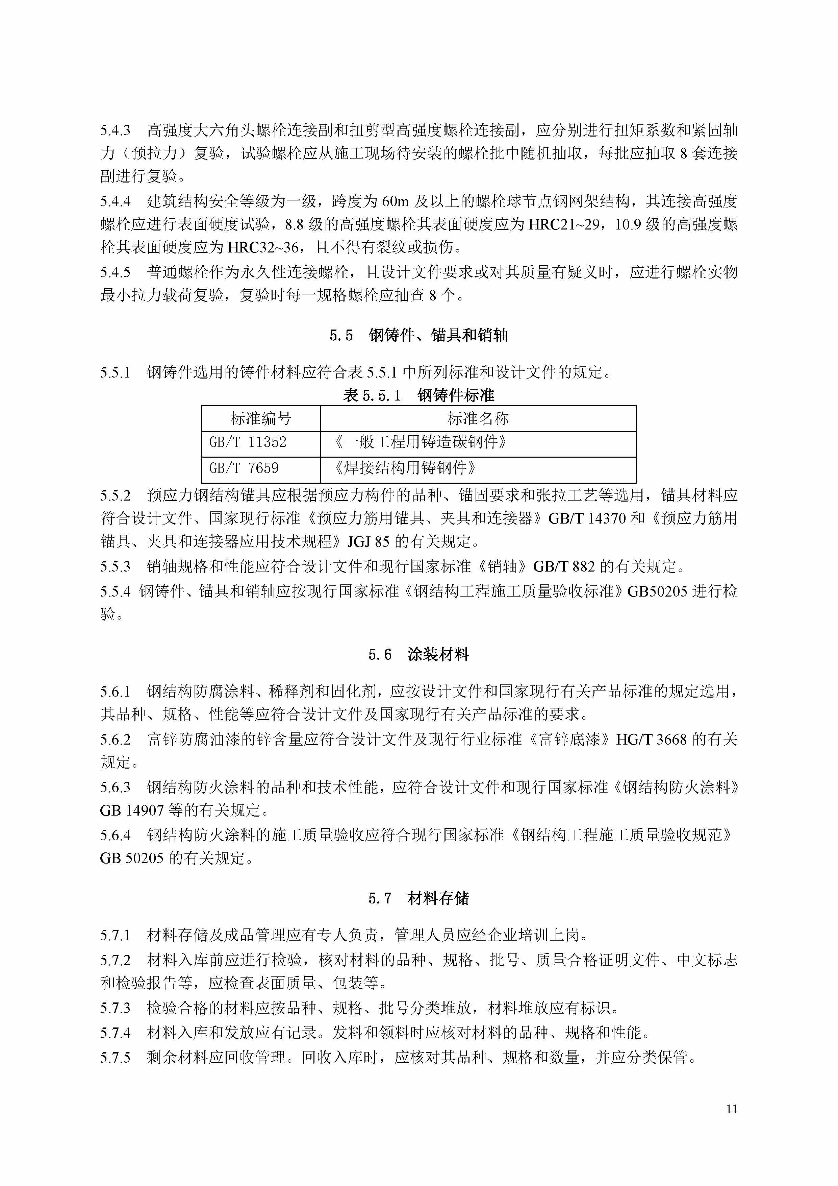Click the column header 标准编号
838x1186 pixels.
click(261, 418)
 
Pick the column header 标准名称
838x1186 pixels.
click(478, 418)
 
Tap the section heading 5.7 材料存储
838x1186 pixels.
click(418, 899)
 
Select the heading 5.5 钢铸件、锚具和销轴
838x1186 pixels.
click(418, 336)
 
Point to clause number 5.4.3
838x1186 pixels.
click(115, 130)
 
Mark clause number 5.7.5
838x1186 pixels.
click(115, 1058)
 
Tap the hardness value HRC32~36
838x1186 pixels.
click(263, 248)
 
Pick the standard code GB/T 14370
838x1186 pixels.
click(587, 518)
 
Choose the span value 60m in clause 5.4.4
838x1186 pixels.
click(396, 201)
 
